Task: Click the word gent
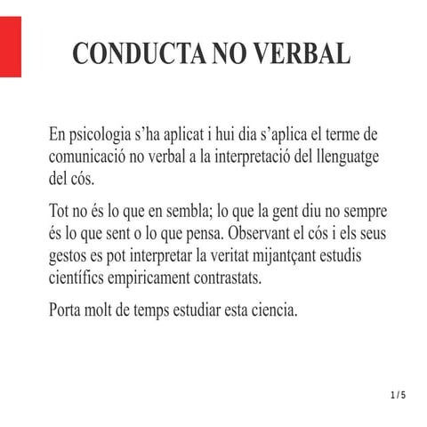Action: point(285,214)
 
